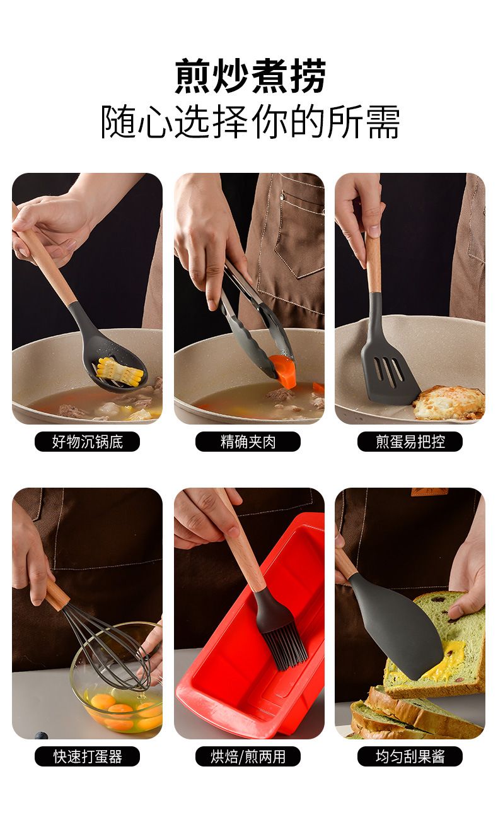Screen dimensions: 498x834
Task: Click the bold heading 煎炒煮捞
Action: [x=250, y=76]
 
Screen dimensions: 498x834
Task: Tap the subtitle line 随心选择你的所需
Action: [x=250, y=122]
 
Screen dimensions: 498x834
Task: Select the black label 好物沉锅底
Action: [x=88, y=442]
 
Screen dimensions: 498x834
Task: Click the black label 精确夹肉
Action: [x=248, y=442]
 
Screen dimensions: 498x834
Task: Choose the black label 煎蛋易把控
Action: [x=410, y=442]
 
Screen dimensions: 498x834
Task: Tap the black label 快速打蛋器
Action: [x=88, y=756]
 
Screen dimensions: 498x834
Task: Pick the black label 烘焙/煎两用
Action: [x=248, y=756]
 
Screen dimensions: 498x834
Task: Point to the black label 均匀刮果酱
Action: [x=410, y=756]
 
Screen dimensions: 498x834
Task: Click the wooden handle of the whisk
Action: [x=55, y=593]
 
